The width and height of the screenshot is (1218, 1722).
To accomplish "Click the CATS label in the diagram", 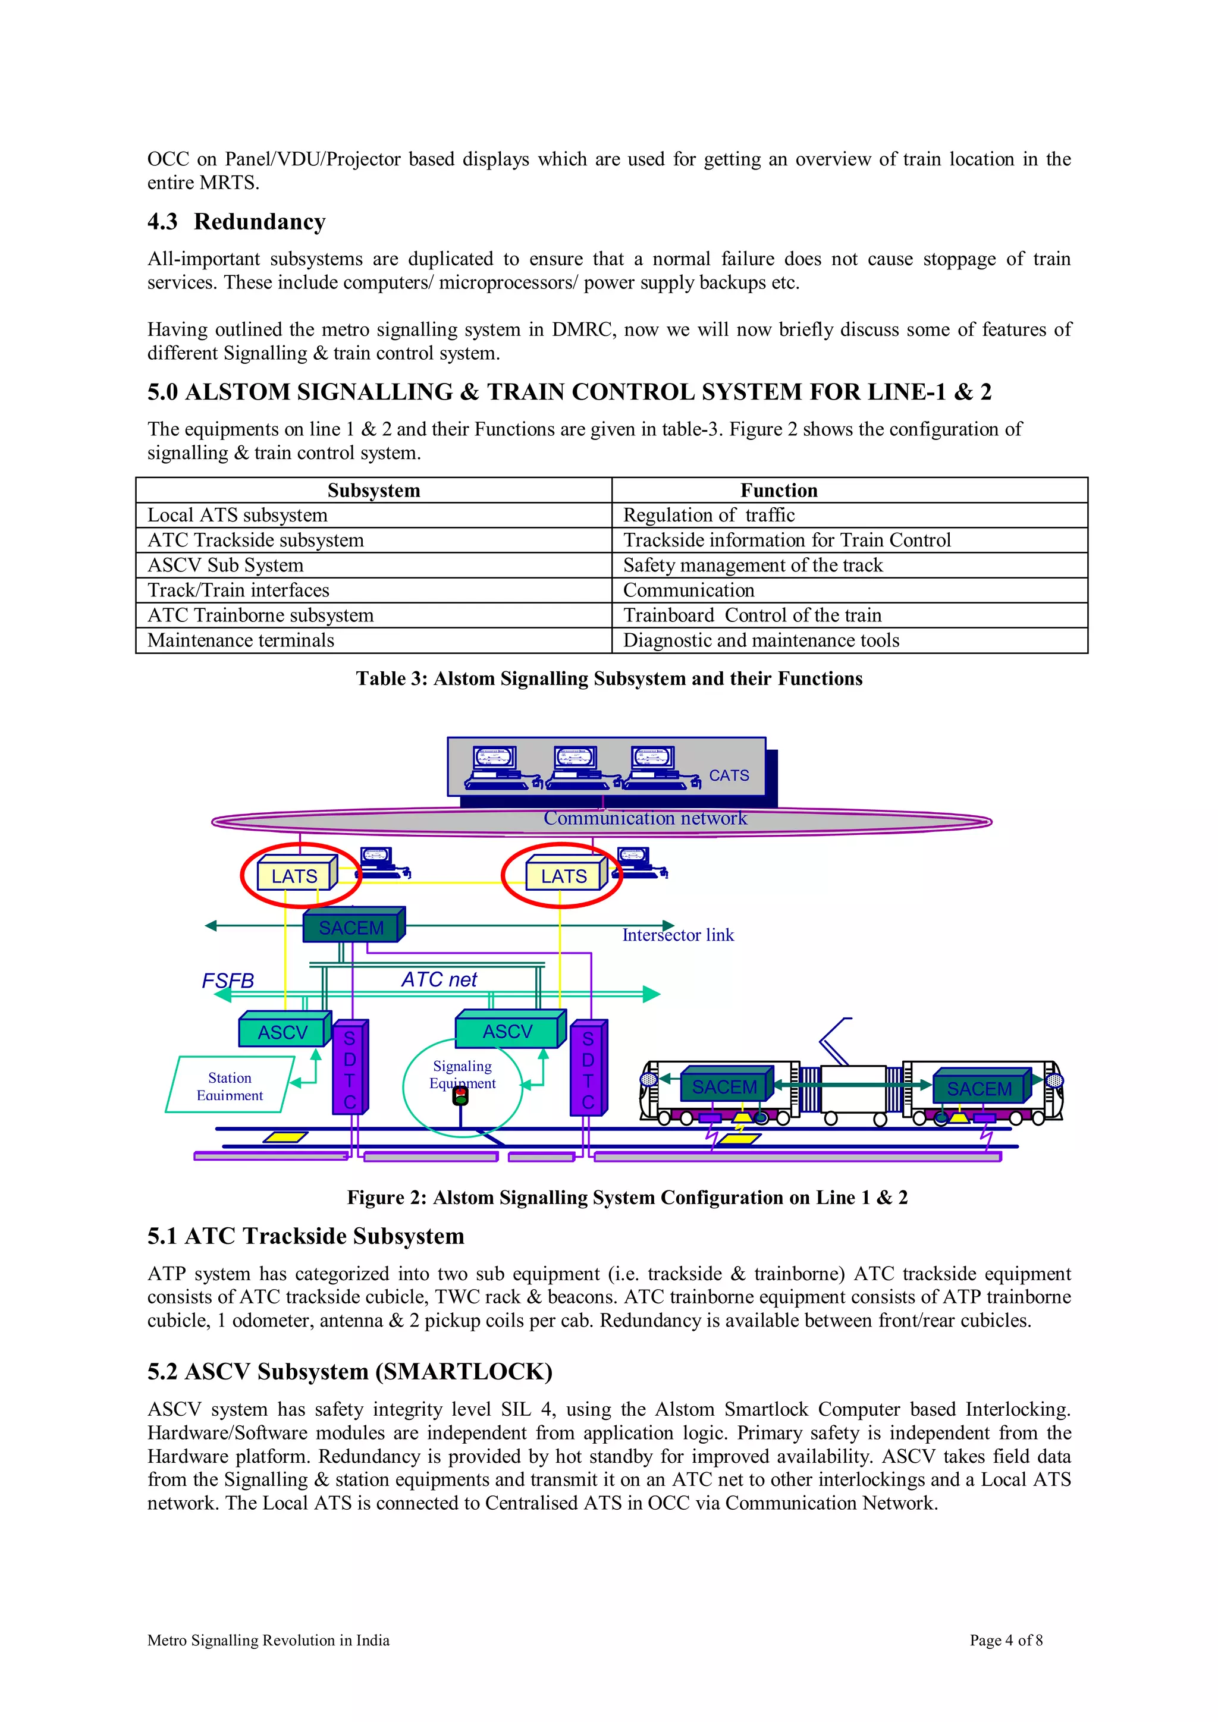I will (x=729, y=775).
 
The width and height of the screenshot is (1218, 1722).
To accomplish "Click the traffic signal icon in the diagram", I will (x=460, y=1097).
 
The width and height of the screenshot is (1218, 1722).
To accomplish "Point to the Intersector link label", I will (x=677, y=935).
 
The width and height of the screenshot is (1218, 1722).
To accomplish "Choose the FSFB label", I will (x=228, y=981).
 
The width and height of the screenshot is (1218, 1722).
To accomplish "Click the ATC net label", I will (x=439, y=979).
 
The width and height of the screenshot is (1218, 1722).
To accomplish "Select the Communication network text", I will (x=645, y=818).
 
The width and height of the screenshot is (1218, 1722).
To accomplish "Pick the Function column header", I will (x=778, y=491).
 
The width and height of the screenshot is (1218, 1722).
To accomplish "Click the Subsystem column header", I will (x=373, y=491).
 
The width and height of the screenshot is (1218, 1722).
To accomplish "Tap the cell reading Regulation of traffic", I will (x=709, y=516).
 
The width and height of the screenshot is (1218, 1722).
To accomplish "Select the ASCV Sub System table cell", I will (x=226, y=565).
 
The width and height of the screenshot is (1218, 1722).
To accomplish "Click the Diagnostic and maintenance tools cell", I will (x=761, y=640).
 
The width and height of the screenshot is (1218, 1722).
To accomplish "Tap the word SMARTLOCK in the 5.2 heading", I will (x=463, y=1372).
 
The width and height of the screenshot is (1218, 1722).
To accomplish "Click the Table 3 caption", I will (x=609, y=678).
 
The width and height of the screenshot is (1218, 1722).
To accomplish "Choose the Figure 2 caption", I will (x=627, y=1198).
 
